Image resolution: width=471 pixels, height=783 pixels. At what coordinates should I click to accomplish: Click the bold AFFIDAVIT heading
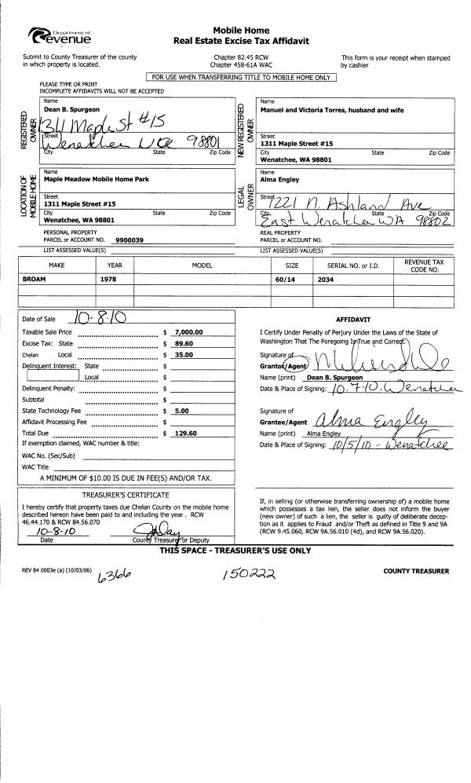pos(353,321)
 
